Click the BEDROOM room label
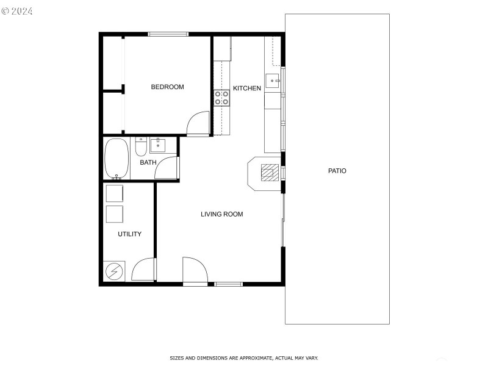[x=167, y=87]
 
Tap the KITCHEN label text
[x=247, y=88]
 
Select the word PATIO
[x=337, y=171]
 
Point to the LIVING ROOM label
[x=221, y=214]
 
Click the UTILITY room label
[x=129, y=234]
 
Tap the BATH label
[x=148, y=162]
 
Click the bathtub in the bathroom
[x=117, y=159]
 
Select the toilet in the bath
[x=141, y=146]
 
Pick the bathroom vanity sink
[x=158, y=145]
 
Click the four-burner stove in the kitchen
[x=221, y=98]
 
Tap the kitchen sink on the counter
[x=272, y=81]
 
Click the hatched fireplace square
[x=270, y=173]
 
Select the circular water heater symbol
[x=114, y=271]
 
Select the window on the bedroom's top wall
[x=168, y=34]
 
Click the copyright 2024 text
[x=17, y=11]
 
